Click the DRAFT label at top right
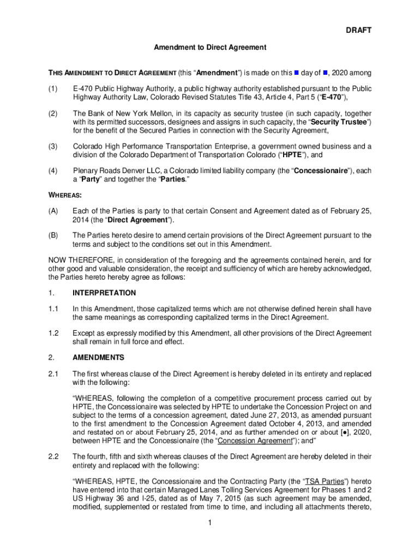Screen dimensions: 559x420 tap(358, 31)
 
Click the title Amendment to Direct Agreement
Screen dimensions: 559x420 tap(209, 47)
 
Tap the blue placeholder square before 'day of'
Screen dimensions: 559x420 tap(296, 72)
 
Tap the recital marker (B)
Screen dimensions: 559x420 tap(53, 235)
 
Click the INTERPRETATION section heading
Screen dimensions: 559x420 tap(104, 293)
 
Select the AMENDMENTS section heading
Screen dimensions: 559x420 tap(98, 358)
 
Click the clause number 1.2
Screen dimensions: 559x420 tap(53, 333)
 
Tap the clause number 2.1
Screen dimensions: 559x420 tap(53, 374)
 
